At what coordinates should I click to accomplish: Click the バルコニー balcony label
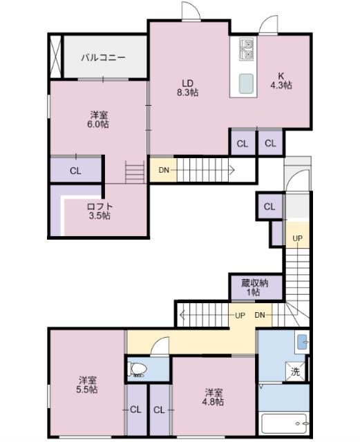103,57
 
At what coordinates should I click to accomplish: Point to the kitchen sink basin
247,83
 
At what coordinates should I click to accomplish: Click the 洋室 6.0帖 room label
97,119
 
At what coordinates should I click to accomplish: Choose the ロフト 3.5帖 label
100,211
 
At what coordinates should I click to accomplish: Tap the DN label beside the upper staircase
164,170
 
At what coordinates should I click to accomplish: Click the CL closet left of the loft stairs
75,171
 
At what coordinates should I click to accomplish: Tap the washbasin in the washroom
303,342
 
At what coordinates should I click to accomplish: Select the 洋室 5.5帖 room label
87,385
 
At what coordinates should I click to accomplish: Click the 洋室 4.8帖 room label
214,396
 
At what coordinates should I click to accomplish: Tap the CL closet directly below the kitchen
270,144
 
